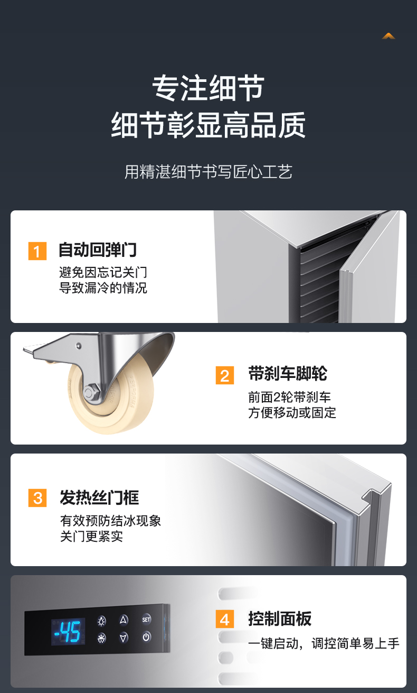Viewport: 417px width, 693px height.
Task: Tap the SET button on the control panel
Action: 146,620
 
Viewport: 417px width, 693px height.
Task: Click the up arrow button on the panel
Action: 124,620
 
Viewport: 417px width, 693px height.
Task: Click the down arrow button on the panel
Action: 124,637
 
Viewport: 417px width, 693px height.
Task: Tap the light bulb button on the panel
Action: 101,621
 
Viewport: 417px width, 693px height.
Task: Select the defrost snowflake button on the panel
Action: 101,638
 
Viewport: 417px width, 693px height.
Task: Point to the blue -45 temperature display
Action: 68,632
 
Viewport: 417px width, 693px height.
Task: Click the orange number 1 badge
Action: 37,251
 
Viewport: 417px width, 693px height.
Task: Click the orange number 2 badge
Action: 224,375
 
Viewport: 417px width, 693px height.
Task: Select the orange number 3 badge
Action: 37,498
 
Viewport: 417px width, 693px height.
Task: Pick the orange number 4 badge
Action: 224,619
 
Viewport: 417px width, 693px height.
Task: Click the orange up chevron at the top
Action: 388,36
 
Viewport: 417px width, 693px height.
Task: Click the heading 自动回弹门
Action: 98,250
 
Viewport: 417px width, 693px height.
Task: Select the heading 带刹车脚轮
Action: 288,373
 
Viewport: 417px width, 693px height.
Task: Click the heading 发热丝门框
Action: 99,497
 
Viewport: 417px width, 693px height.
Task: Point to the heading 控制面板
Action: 280,619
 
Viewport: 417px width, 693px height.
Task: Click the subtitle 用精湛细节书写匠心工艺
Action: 209,172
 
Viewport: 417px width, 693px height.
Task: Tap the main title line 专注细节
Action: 209,88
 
